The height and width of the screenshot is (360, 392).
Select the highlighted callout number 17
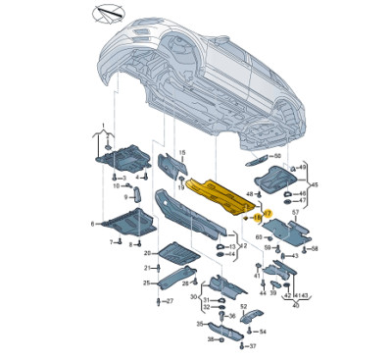coord(268,213)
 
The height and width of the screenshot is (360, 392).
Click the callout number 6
coord(94,225)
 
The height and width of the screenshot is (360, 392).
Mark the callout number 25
coord(145,283)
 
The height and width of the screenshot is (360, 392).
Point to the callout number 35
coord(199,323)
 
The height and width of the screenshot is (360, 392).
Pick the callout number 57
coord(294,212)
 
